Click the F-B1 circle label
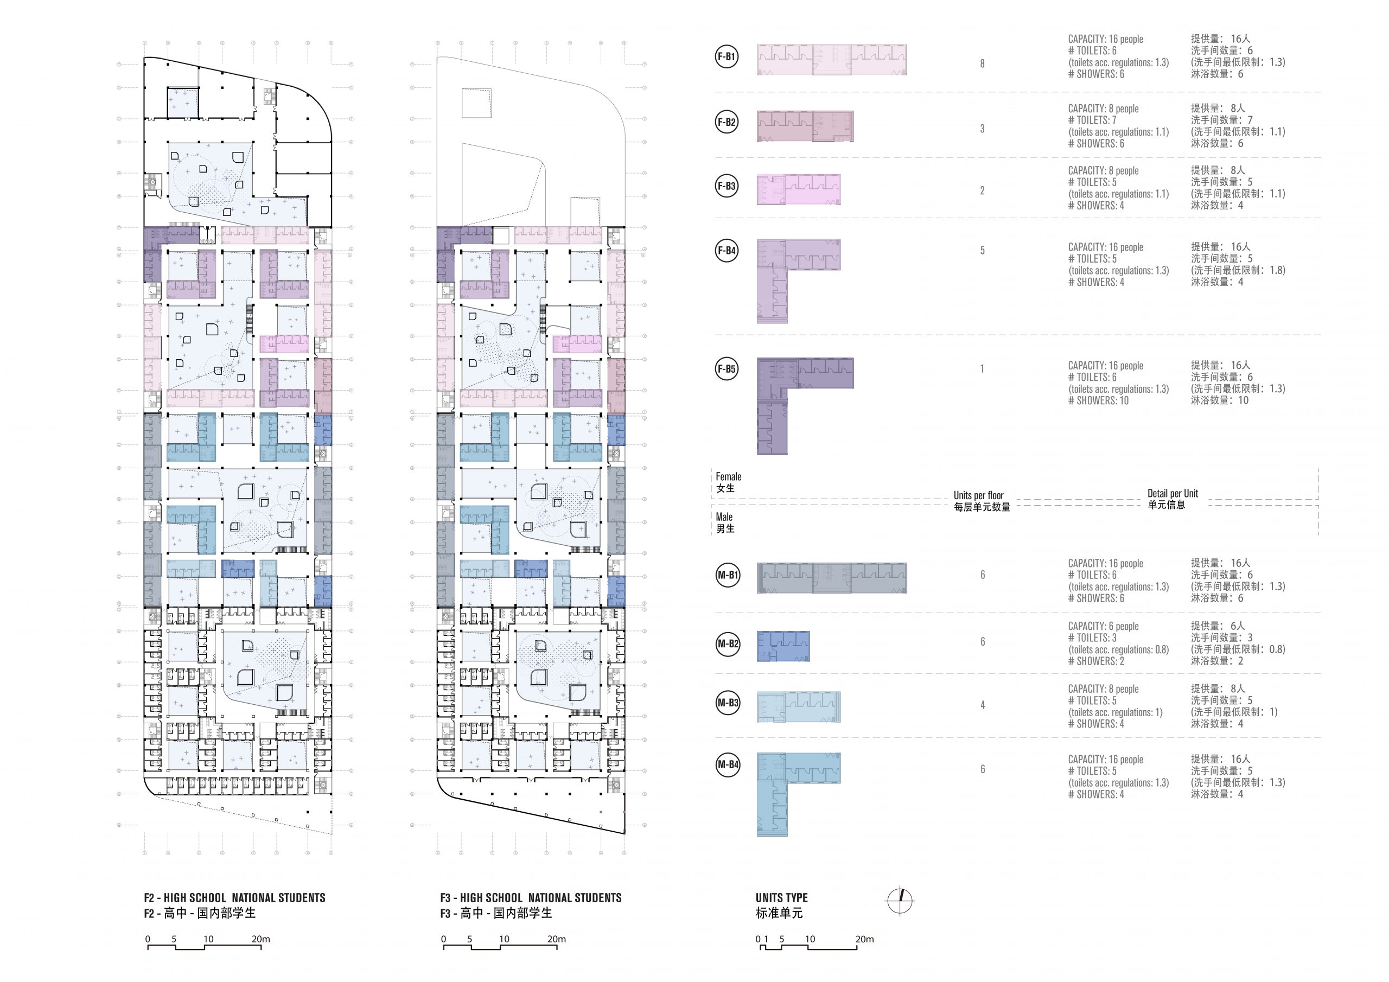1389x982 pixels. point(727,57)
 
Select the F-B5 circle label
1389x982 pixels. point(727,369)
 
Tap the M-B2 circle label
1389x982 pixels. point(728,644)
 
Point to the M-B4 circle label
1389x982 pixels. point(728,765)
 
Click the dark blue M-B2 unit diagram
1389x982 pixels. point(783,646)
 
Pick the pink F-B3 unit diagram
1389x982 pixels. point(799,189)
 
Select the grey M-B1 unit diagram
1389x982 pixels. point(832,578)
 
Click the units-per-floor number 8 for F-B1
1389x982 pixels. point(983,63)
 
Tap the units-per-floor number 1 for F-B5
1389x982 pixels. point(983,368)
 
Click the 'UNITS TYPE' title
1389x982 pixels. point(782,898)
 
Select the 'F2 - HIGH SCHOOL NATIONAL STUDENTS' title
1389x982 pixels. point(235,898)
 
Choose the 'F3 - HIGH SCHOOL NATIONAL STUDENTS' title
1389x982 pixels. point(531,898)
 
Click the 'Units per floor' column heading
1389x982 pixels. point(979,495)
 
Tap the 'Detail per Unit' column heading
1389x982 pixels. point(1173,494)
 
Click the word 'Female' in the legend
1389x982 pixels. point(728,477)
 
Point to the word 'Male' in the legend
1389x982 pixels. point(724,516)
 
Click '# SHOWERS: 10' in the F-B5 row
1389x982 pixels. point(1099,400)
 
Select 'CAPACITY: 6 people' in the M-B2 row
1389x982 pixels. point(1104,626)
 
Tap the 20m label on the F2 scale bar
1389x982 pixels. point(261,939)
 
